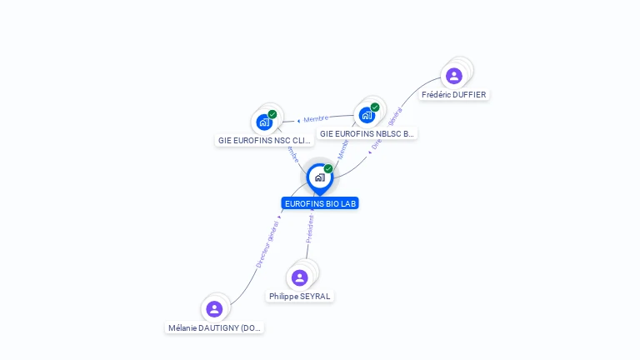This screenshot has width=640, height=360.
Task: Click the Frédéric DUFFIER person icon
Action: (453, 76)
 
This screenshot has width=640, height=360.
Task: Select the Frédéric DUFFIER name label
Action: (453, 95)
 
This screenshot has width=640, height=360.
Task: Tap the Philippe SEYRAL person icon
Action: (299, 277)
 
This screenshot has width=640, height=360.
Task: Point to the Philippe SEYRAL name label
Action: (300, 297)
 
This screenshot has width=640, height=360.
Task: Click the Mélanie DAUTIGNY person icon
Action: (214, 309)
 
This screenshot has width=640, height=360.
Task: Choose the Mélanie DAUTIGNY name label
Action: (215, 328)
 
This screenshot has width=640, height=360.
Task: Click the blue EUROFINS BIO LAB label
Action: (320, 203)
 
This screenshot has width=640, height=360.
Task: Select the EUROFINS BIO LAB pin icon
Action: (319, 177)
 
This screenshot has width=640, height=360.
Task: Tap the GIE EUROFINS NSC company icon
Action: (264, 122)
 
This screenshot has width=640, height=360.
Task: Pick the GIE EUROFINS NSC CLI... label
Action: (264, 141)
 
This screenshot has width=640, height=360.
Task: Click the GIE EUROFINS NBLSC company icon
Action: (367, 115)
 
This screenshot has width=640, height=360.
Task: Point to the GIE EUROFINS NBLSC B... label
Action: (367, 134)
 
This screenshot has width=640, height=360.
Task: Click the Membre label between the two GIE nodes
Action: (316, 119)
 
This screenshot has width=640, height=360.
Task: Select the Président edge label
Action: (309, 227)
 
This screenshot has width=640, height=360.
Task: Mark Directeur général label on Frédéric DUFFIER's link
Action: (386, 128)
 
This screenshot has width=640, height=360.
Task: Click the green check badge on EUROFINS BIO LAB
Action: (328, 168)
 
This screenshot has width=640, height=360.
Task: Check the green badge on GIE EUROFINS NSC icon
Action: (272, 114)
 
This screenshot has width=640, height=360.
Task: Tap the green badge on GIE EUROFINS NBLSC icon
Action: (375, 107)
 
